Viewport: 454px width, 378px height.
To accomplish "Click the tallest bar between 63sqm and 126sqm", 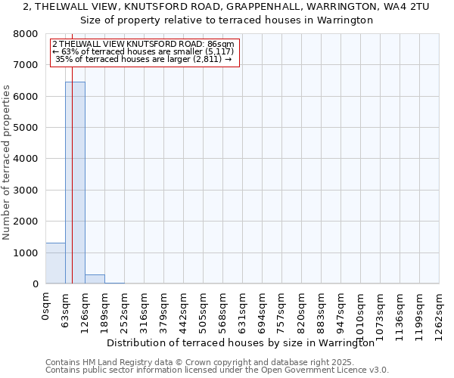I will pos(75,182).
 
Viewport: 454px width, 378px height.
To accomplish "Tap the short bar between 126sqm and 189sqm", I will pos(95,279).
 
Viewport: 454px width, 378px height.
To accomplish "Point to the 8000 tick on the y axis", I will pos(26,34).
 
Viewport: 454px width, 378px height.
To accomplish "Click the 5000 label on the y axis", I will pos(26,128).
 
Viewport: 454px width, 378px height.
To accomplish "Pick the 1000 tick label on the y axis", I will pos(26,253).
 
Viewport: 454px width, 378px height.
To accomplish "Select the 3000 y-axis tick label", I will pos(26,191).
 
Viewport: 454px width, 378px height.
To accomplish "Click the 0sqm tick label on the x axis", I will pos(46,307).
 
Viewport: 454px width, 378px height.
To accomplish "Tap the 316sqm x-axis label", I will pos(145,310).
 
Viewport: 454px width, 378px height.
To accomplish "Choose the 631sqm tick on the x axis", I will pos(243,310).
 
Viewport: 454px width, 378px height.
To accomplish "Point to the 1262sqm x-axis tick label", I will pos(440,313).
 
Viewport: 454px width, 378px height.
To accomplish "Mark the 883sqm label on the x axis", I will pos(322,310).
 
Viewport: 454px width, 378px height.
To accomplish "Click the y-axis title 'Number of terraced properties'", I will pos(7,163).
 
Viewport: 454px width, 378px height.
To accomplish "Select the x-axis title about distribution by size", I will pos(241,342).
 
